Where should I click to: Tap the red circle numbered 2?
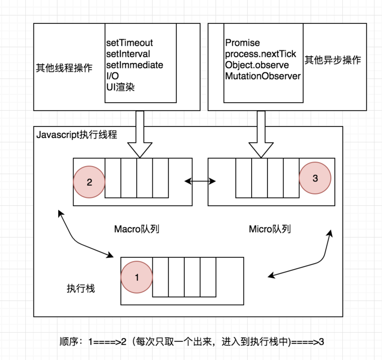click(89, 182)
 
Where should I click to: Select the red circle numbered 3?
click(314, 178)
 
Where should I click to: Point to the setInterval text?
click(128, 53)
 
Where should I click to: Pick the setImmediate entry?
click(134, 64)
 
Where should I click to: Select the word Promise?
click(242, 42)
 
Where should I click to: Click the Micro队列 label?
click(270, 229)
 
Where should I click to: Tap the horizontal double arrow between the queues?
click(201, 181)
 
